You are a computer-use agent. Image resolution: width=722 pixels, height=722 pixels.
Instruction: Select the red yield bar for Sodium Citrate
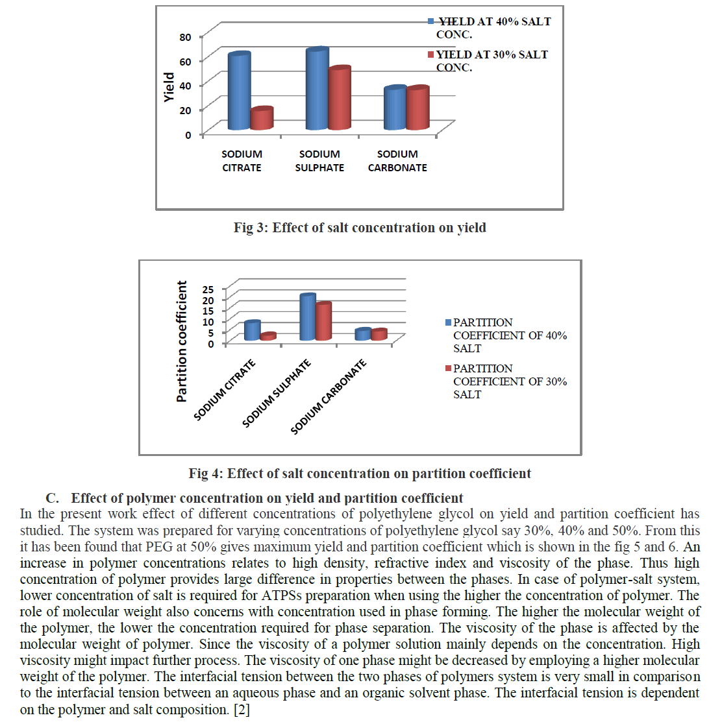pos(261,119)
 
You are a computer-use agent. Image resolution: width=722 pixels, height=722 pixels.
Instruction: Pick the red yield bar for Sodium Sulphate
pos(339,98)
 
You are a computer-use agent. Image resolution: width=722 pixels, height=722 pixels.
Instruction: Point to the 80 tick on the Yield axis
pos(186,37)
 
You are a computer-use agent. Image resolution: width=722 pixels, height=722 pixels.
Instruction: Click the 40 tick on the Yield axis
pos(186,86)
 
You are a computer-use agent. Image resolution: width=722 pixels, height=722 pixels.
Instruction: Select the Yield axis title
pos(169,87)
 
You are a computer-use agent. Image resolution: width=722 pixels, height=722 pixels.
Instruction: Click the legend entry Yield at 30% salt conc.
pos(492,61)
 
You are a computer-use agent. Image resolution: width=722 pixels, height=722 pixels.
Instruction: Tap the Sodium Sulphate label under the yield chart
pos(319,161)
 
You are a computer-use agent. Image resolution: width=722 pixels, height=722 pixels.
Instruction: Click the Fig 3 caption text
pos(360,228)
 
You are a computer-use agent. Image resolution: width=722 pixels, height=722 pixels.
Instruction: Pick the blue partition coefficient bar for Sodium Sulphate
pos(307,318)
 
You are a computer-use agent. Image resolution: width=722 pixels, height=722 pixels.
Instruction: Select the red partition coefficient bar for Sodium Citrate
pos(268,337)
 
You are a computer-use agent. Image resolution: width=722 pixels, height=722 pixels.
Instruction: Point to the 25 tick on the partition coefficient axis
pos(208,289)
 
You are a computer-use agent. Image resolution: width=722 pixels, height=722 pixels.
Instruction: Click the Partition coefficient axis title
pos(182,341)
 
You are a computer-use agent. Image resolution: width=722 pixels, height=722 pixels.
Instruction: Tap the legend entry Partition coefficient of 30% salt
pos(509,381)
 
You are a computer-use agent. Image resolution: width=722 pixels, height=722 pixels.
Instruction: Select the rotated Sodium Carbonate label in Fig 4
pos(329,397)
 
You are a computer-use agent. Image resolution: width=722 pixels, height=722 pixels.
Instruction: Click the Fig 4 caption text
pos(360,474)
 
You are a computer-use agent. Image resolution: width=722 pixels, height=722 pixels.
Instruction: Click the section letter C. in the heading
pos(53,498)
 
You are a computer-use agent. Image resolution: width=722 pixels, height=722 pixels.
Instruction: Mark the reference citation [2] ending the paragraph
pos(242,710)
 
